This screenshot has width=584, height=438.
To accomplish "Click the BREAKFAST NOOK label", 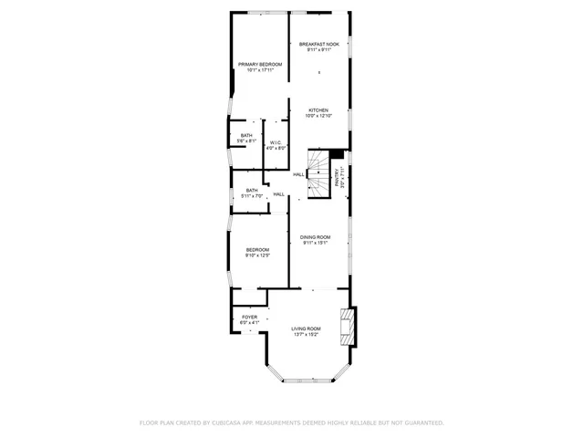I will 318,44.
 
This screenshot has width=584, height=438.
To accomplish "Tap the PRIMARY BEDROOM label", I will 260,64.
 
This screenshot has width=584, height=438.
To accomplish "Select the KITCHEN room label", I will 318,110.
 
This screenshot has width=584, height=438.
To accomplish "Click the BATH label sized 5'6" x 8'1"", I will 246,136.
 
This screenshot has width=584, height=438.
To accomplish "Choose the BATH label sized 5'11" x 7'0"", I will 252,191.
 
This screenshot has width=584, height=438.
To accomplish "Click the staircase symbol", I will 318,173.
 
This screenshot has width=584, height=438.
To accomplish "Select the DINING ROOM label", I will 316,237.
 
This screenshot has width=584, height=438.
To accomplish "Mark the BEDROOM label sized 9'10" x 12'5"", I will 257,250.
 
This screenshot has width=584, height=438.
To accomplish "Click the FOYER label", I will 249,318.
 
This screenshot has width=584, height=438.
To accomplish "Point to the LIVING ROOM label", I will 306,328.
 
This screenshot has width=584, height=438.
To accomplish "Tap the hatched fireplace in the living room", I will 345,328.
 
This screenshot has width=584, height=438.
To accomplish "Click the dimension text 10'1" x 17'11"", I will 260,69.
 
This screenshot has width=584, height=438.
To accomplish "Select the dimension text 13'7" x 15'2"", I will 306,334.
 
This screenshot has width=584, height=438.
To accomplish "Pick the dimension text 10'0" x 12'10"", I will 318,116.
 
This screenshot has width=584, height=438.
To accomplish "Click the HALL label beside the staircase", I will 298,174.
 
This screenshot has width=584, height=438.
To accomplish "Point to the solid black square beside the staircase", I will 337,153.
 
